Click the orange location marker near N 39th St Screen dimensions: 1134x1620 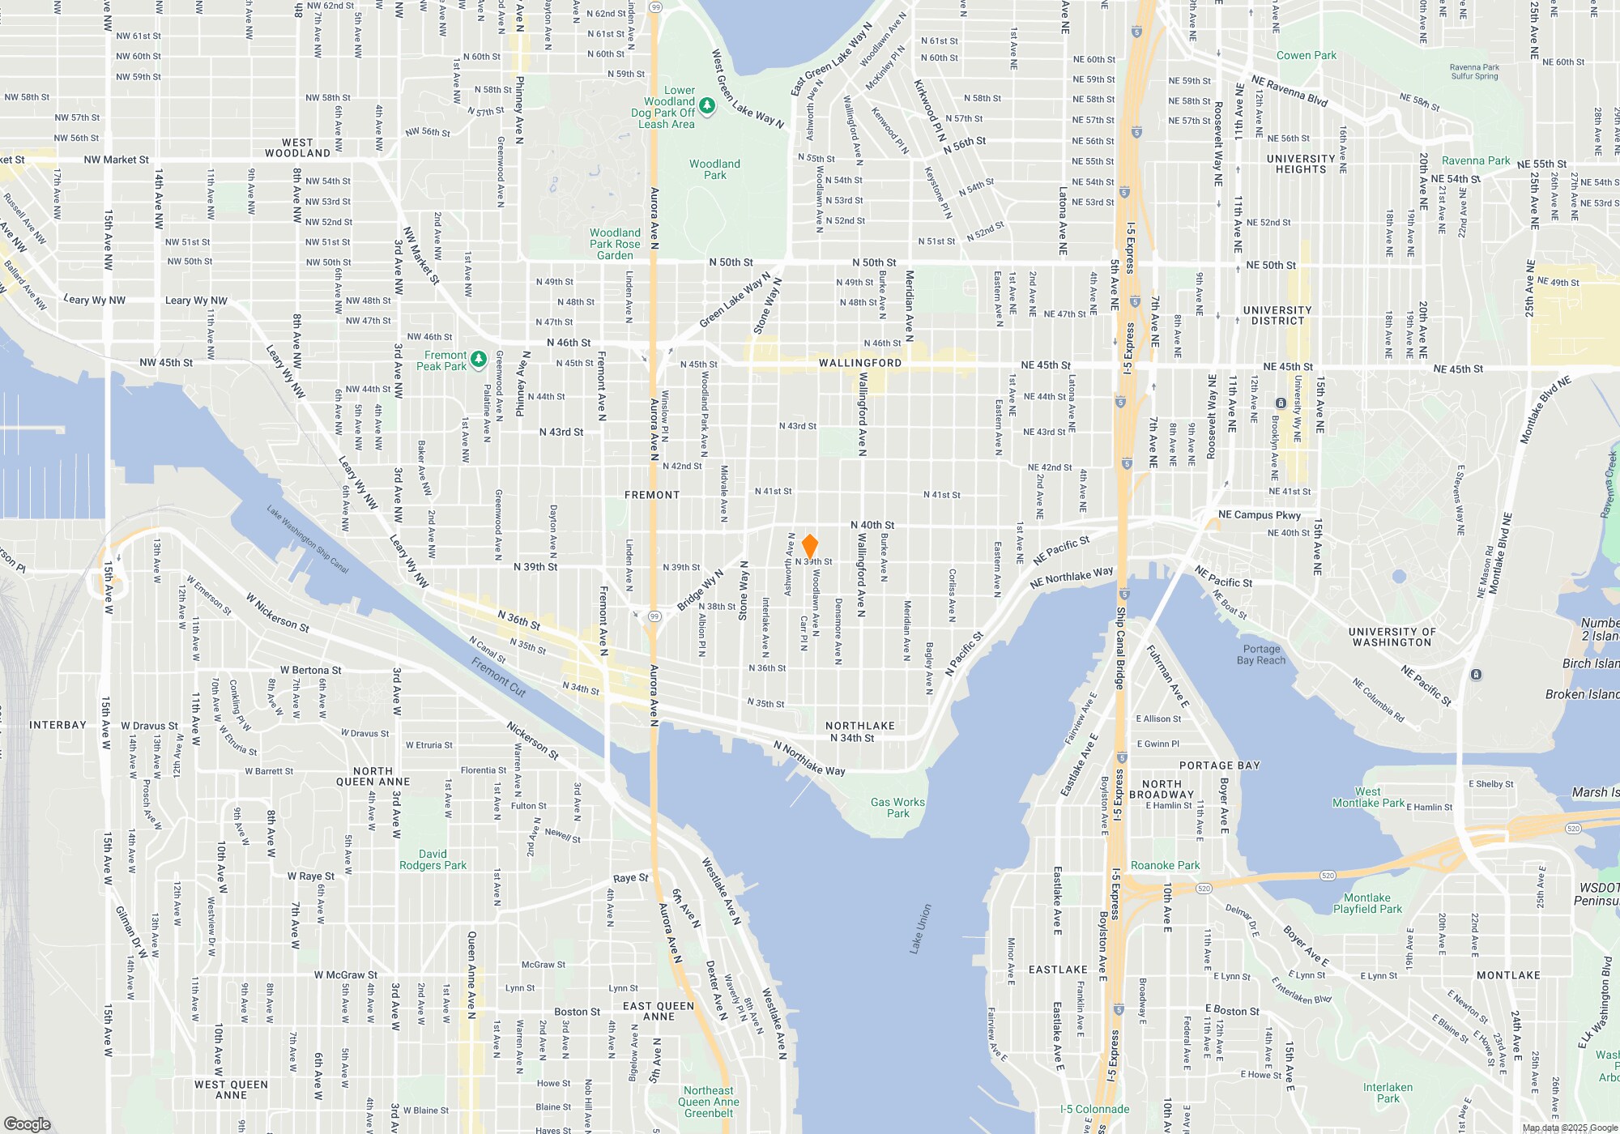pos(809,546)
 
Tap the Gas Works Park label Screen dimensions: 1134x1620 pos(897,808)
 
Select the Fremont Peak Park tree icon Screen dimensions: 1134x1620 pos(479,358)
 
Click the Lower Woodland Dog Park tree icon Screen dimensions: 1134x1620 pos(706,106)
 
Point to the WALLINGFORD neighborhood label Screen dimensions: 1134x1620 pos(859,363)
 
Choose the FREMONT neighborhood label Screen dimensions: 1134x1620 pos(652,495)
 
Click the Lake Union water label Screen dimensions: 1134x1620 pos(921,928)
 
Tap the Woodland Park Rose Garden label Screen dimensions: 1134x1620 pos(615,244)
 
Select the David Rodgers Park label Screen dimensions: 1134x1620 pos(433,859)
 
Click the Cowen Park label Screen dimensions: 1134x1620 pos(1306,55)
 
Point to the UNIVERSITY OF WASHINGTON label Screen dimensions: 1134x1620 pos(1392,637)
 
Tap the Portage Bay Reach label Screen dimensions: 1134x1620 pos(1261,654)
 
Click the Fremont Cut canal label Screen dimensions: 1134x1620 pos(499,677)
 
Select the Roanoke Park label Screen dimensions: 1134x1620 pos(1165,865)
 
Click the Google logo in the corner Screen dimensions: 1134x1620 pos(27,1123)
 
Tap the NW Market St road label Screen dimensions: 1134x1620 pos(116,160)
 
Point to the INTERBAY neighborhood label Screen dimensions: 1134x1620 pos(58,725)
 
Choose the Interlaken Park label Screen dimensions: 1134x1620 pos(1388,1093)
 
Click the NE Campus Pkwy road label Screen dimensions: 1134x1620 pos(1259,514)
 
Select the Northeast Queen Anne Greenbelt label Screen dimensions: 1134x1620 pos(708,1102)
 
